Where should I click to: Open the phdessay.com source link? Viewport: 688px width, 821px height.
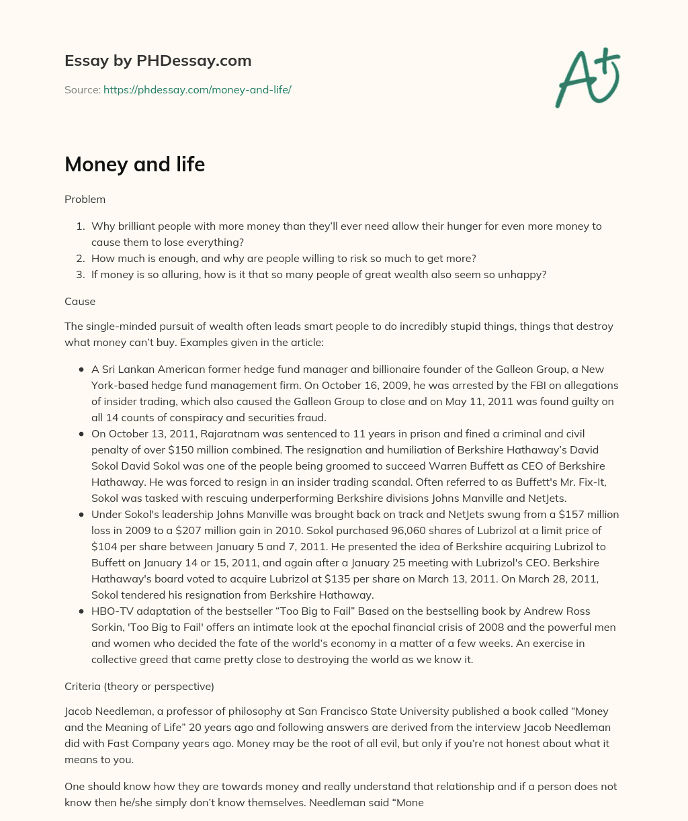pyautogui.click(x=197, y=89)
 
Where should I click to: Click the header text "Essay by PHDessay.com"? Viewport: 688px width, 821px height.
pyautogui.click(x=158, y=61)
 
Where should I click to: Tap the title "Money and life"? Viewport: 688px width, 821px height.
pyautogui.click(x=134, y=165)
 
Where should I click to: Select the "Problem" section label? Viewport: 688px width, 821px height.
pyautogui.click(x=85, y=199)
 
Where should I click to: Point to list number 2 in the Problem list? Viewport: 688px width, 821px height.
pyautogui.click(x=80, y=258)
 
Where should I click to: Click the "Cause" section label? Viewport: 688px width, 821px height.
pyautogui.click(x=80, y=302)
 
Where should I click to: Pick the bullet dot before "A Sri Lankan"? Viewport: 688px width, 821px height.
pyautogui.click(x=81, y=370)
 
